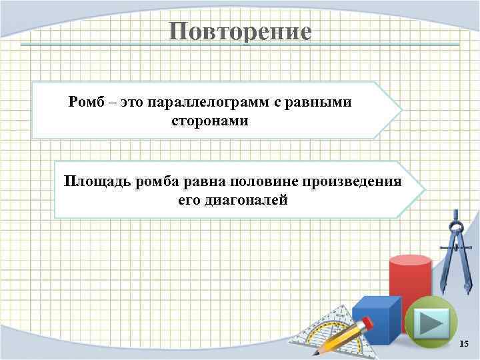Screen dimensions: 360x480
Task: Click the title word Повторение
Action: point(239,31)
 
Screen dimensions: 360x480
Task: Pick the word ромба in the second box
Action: point(155,182)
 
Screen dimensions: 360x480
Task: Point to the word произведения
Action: point(353,182)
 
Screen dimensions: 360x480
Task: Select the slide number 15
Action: point(465,343)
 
